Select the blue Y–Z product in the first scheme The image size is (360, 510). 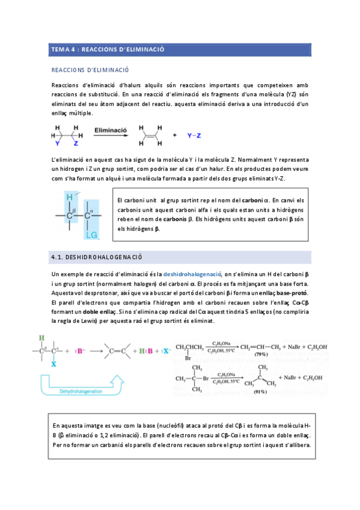[x=193, y=136]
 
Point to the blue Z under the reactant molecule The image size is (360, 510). [x=76, y=144]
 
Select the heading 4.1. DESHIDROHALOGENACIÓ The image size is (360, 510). [x=96, y=257]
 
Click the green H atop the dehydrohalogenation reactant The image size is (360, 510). [x=41, y=338]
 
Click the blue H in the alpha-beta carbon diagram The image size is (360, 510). [x=70, y=197]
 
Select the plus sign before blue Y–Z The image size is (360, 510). [x=175, y=136]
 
